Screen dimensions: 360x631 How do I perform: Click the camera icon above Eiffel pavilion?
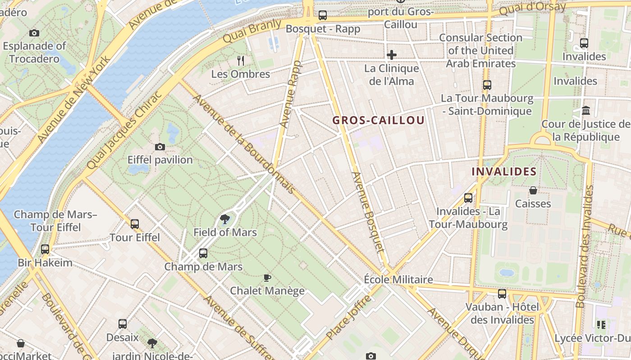coord(160,147)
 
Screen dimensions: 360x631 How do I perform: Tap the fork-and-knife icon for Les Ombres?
coord(241,60)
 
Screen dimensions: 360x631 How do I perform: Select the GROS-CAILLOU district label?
coord(379,120)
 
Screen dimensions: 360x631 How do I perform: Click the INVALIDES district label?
coord(504,171)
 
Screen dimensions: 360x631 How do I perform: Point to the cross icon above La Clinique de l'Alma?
coord(392,55)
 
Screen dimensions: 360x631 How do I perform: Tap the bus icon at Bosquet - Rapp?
coord(323,15)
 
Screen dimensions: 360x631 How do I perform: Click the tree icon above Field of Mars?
coord(224,219)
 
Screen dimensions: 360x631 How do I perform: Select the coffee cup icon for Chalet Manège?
coord(267,278)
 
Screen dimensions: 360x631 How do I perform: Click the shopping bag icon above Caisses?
coord(533,190)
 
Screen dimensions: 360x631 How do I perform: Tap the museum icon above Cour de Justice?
coord(586,110)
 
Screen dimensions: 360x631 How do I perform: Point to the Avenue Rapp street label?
coord(290,94)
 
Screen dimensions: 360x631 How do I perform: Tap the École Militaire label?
coord(398,279)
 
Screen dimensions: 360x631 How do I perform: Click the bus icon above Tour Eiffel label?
coord(135,224)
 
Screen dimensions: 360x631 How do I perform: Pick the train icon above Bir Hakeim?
coord(45,249)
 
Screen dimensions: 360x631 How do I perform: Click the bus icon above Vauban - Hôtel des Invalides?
coord(502,294)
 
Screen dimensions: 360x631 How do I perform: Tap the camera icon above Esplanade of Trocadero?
coord(34,33)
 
